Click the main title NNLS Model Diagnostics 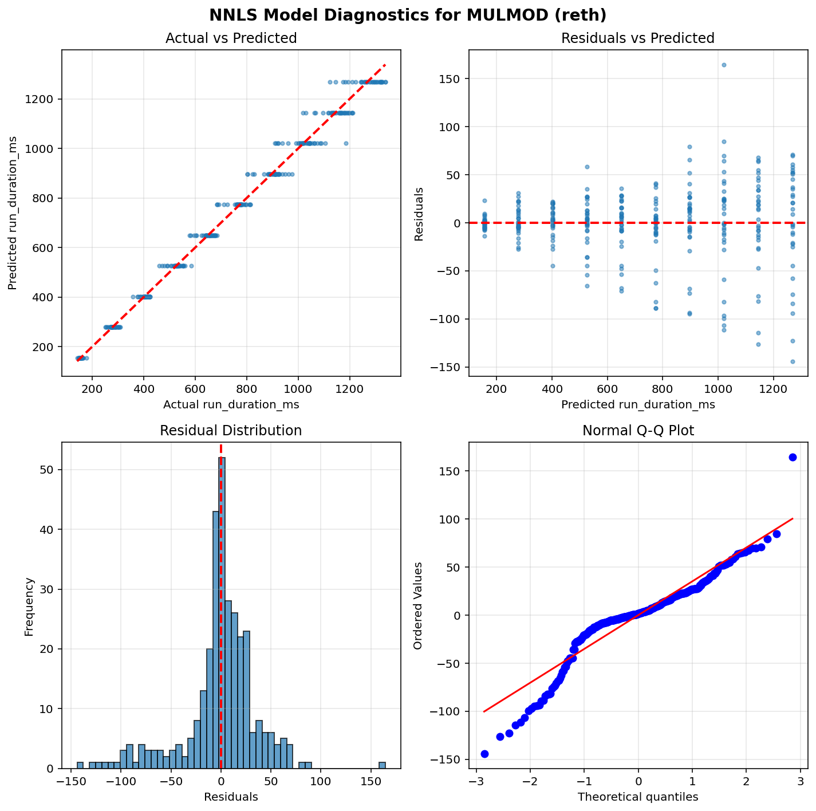coord(408,15)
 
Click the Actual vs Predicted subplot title coord(231,38)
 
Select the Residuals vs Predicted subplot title coord(638,38)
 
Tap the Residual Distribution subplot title coord(231,431)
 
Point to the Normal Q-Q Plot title coord(638,431)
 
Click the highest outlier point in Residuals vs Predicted coord(724,65)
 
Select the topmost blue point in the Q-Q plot coord(793,457)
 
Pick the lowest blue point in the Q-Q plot coord(484,754)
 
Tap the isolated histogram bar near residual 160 coord(382,765)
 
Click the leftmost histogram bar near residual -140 coord(80,765)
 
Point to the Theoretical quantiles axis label coord(638,797)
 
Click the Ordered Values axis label coord(419,605)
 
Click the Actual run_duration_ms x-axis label coord(231,405)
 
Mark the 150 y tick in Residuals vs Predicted coord(454,78)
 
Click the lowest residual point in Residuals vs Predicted coord(793,361)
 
